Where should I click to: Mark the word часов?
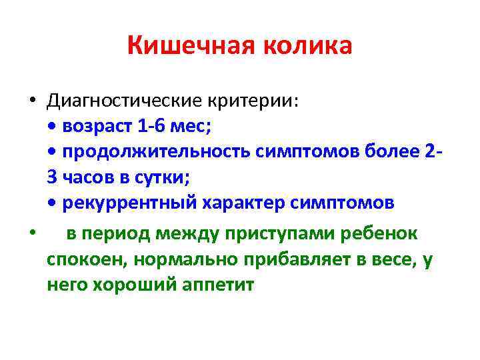(89, 178)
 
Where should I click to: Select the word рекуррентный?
(127, 203)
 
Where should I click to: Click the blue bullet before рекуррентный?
(54, 204)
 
